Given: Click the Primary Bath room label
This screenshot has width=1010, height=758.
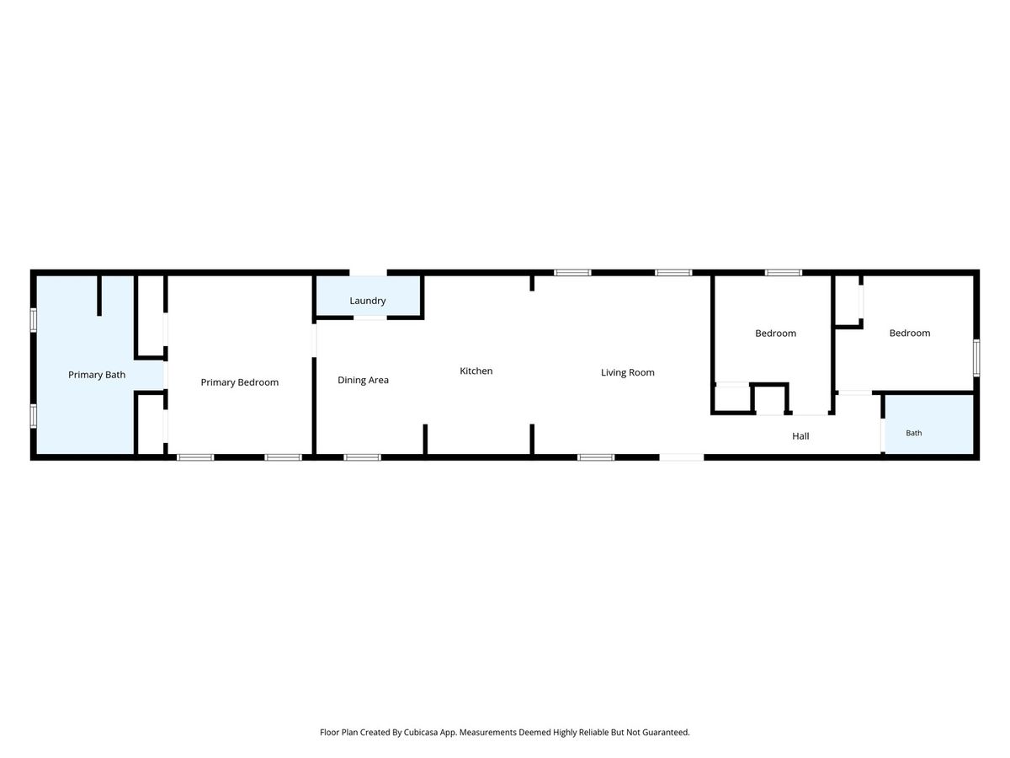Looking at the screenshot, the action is point(97,375).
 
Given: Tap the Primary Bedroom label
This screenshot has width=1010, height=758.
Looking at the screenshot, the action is point(239,382).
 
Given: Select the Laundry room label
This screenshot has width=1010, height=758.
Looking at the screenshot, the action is point(368,301).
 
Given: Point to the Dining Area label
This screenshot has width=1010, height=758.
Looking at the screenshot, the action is point(363,380).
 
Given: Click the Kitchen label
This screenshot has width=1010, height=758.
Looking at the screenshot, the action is point(476,371).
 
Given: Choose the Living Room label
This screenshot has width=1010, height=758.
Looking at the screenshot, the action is point(628,373).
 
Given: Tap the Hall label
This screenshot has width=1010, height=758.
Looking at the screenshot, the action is point(800,436).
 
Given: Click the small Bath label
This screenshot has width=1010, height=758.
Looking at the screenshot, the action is point(914,433).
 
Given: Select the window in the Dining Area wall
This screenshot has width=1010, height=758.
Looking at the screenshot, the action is point(362,457).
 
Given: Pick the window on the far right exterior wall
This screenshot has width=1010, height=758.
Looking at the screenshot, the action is point(976,358).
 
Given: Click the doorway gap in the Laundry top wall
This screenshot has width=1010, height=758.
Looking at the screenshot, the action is point(368,272).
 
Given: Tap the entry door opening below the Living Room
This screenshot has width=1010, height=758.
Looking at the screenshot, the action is point(682,457).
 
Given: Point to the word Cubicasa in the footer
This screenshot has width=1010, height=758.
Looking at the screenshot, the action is point(421,732).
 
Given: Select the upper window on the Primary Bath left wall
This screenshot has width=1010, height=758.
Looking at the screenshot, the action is point(34,320).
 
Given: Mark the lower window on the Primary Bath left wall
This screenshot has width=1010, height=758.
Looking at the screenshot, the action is point(34,415).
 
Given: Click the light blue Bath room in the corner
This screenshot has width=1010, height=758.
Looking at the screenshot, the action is point(929,424).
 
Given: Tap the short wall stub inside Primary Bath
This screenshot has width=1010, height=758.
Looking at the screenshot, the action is point(99,296).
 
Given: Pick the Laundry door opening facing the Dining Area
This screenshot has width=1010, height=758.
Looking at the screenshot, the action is point(370,318).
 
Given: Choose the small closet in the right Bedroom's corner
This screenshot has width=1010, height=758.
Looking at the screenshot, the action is point(847,301).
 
